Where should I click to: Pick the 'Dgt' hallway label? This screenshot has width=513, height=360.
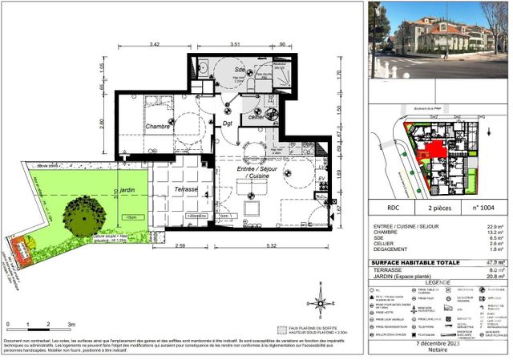point(228,124)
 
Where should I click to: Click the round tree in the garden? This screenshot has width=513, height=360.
point(83,213)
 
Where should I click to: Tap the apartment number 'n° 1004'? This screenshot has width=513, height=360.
point(483,207)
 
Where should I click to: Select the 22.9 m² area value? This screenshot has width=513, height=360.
point(495,226)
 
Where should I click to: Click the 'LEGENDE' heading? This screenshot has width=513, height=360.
point(438,283)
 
